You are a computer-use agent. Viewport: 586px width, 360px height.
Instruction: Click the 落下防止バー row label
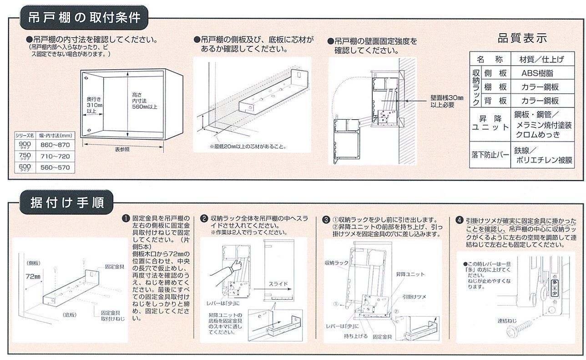click(490, 155)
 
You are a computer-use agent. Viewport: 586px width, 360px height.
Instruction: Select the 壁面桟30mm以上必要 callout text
click(446, 101)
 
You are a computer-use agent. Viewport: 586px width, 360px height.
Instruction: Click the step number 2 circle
click(204, 219)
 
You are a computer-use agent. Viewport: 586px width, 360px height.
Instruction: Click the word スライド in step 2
click(278, 284)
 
